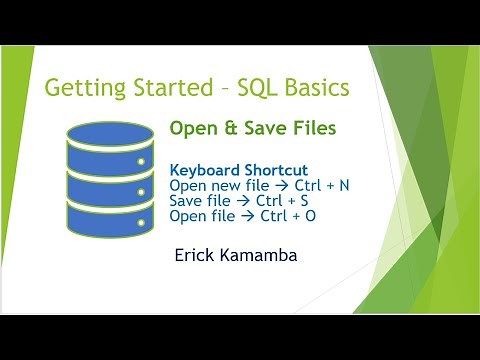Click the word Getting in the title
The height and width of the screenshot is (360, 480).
pyautogui.click(x=83, y=88)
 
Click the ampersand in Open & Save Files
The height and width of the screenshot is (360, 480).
pyautogui.click(x=228, y=128)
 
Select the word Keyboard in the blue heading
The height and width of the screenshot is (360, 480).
pyautogui.click(x=205, y=170)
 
